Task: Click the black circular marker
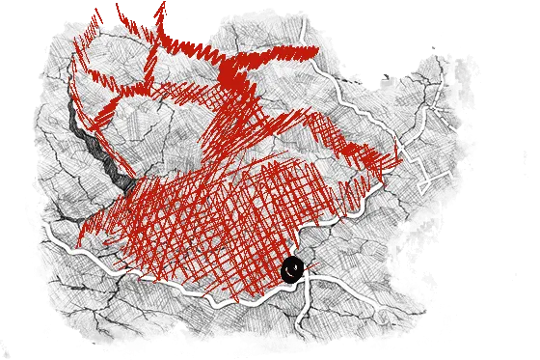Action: coord(292,269)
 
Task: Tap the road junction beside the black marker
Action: coord(308,280)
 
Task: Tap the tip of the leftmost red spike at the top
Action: coord(95,11)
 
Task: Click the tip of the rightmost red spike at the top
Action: coord(163,4)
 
